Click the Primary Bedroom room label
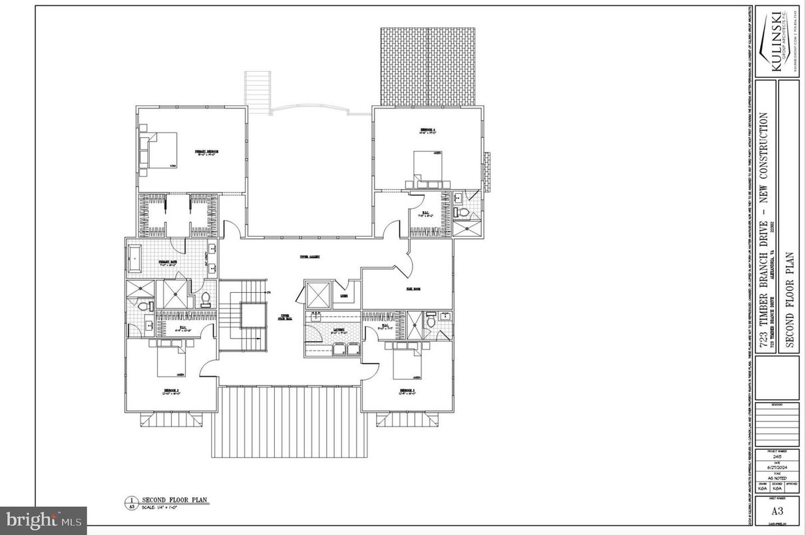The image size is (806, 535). (x=206, y=152)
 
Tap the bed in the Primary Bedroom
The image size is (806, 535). (x=160, y=150)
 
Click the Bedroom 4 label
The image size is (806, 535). (x=427, y=130)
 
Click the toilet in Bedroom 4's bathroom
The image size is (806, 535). (x=461, y=212)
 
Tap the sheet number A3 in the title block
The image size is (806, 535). (x=777, y=511)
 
